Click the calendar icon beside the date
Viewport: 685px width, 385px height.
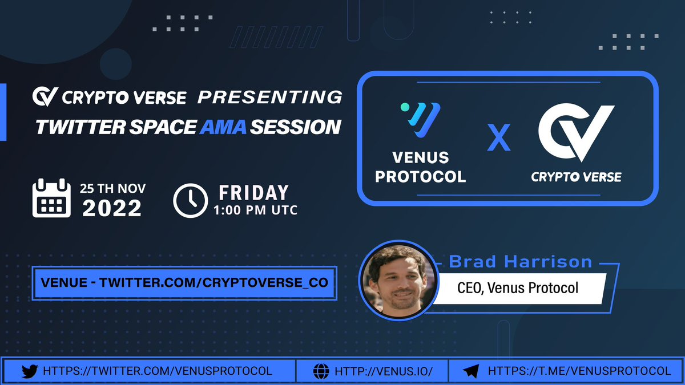coord(51,198)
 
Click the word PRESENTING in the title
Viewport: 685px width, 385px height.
coord(269,97)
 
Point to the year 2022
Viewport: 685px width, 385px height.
coord(112,208)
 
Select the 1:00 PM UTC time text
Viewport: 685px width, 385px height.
coord(255,210)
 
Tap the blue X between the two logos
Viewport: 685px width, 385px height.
coord(499,140)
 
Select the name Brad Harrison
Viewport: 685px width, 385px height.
coord(521,261)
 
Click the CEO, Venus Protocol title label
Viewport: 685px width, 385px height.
coord(518,287)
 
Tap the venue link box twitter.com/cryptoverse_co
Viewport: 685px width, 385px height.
coord(185,282)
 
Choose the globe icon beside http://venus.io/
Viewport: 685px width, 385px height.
coord(321,371)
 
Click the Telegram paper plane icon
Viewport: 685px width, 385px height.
coord(470,371)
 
